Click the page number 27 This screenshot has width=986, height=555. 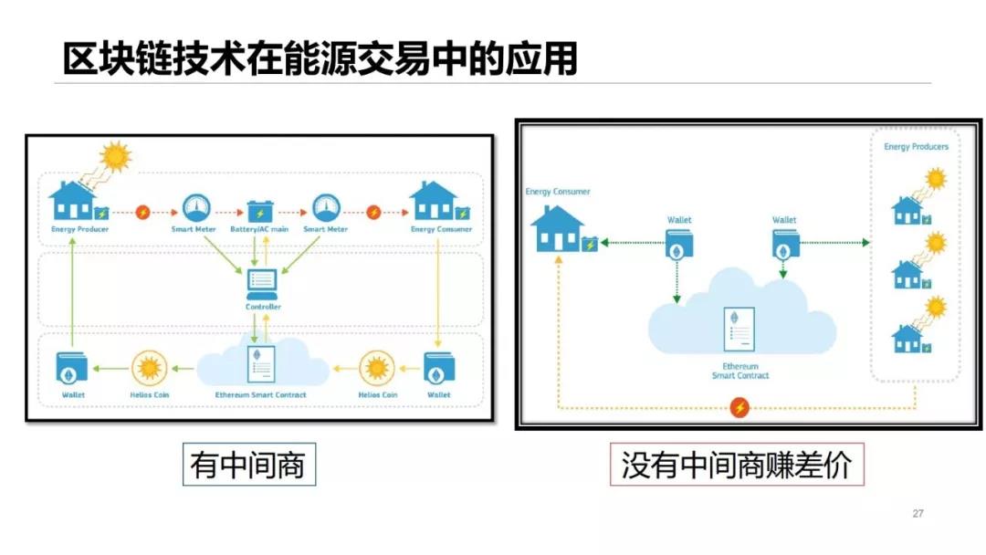pyautogui.click(x=918, y=514)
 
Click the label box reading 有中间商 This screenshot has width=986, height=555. pyautogui.click(x=248, y=466)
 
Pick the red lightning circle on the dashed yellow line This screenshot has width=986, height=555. pyautogui.click(x=739, y=407)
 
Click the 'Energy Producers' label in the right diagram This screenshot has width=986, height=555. pyautogui.click(x=916, y=146)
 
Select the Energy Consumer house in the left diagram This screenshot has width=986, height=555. pyautogui.click(x=434, y=202)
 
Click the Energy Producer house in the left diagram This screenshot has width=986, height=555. pyautogui.click(x=72, y=202)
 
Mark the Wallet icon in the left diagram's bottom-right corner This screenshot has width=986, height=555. pyautogui.click(x=438, y=368)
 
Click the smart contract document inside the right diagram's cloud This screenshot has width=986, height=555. pyautogui.click(x=739, y=330)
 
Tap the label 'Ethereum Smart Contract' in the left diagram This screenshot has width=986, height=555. pyautogui.click(x=261, y=395)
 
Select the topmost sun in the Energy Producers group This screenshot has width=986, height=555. pyautogui.click(x=935, y=179)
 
